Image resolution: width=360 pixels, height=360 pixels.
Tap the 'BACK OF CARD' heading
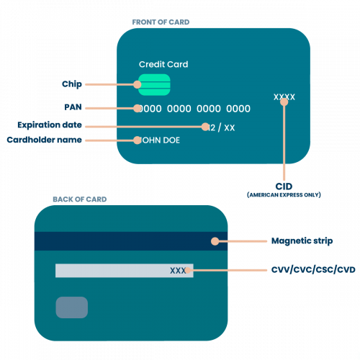pos(79,199)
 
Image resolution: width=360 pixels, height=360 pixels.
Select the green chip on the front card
pos(154,84)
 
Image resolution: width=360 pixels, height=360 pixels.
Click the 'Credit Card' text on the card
pos(163,65)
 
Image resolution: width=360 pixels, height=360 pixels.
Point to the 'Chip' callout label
pos(73,84)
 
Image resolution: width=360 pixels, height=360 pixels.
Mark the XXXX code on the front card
pos(284,97)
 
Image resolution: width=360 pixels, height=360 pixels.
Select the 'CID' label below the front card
pos(284,186)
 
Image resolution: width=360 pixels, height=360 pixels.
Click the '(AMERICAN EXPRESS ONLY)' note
pos(284,195)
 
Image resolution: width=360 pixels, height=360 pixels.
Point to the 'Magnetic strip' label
pos(302,240)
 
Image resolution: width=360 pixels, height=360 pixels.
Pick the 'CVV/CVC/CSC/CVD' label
pos(313,269)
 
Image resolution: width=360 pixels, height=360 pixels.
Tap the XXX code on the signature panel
pos(179,271)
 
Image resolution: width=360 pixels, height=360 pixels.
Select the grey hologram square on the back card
pos(72,307)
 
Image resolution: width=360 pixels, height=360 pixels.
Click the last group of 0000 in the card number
pos(238,109)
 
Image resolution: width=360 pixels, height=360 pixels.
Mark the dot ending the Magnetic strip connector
pos(213,241)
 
